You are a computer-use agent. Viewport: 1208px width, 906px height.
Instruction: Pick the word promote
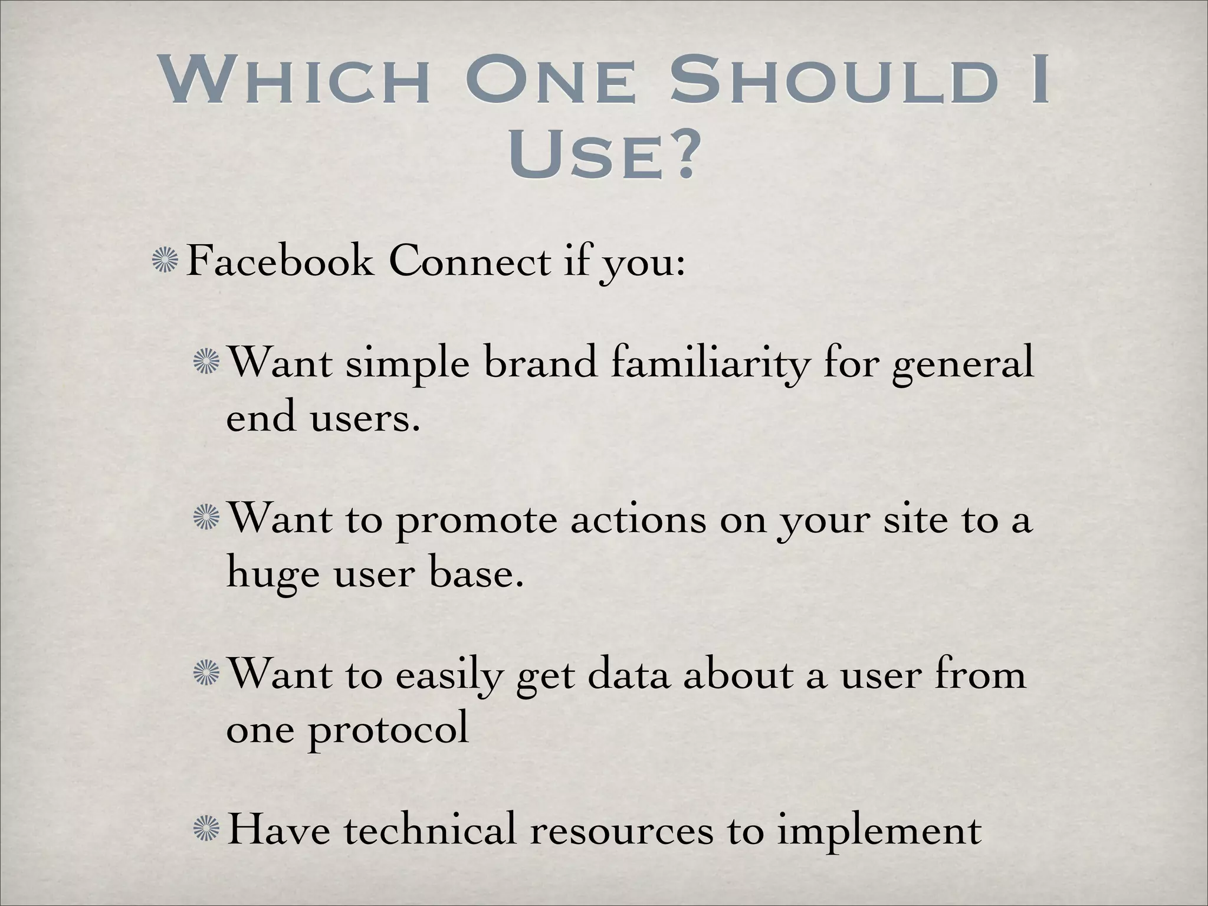tap(475, 523)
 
